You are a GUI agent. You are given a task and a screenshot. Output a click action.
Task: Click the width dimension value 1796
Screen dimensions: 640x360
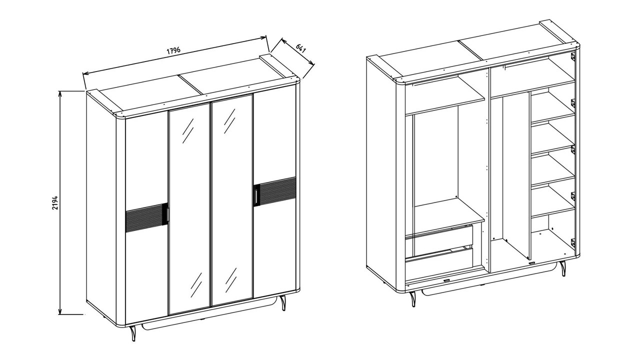pyautogui.click(x=173, y=50)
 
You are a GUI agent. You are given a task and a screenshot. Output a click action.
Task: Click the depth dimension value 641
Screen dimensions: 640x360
pyautogui.click(x=300, y=48)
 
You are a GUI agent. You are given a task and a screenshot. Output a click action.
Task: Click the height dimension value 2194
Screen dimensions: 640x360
pyautogui.click(x=55, y=202)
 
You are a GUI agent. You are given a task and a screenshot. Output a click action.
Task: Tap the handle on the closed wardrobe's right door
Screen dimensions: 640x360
pyautogui.click(x=256, y=195)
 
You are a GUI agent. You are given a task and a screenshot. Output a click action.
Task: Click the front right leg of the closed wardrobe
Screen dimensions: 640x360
pyautogui.click(x=283, y=302)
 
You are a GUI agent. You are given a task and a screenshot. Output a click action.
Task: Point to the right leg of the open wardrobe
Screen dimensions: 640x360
pyautogui.click(x=562, y=268)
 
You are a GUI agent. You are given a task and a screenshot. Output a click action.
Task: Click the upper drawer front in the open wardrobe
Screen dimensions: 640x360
pyautogui.click(x=439, y=238)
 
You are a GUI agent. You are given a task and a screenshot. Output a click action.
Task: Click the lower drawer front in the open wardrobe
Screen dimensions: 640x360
pyautogui.click(x=439, y=263)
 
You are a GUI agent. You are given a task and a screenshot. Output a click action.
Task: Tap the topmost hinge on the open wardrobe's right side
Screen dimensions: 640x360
pyautogui.click(x=573, y=56)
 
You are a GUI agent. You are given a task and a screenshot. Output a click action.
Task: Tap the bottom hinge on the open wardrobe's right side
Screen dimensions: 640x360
pyautogui.click(x=573, y=242)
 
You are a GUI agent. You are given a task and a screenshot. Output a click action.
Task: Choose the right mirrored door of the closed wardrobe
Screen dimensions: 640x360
pyautogui.click(x=232, y=200)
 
